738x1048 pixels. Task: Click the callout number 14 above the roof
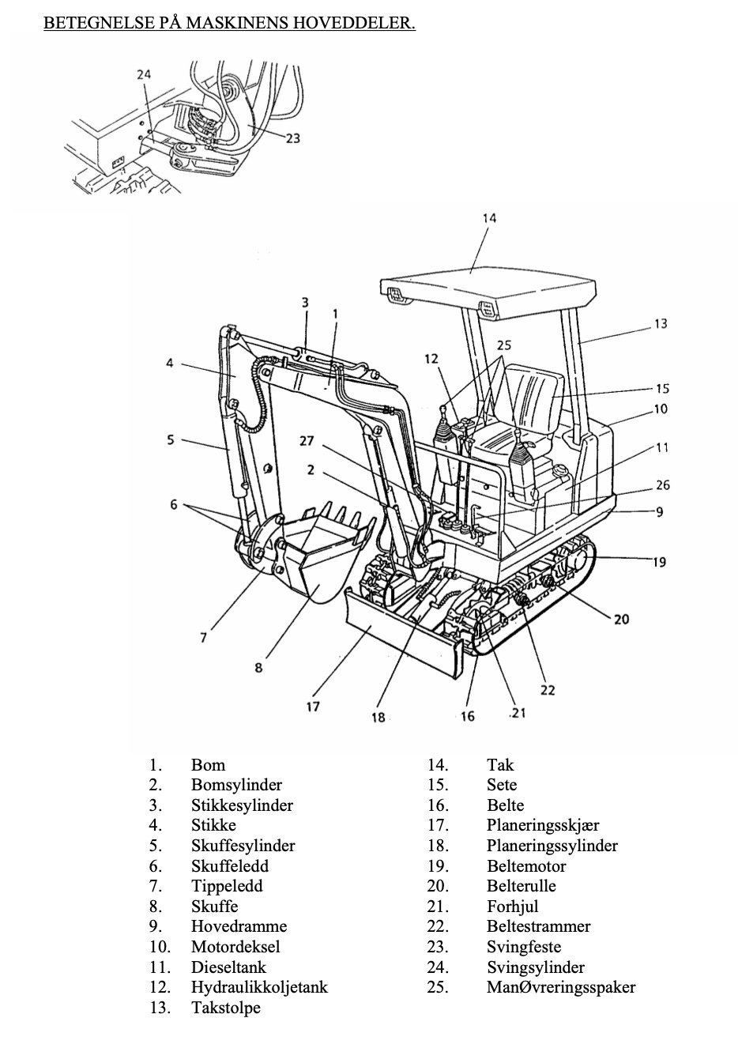(489, 218)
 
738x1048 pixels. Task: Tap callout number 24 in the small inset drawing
(144, 74)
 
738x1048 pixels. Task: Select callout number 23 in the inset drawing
(293, 138)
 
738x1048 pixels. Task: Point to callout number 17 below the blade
(312, 706)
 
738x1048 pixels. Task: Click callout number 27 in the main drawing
(307, 441)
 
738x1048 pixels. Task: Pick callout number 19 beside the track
(659, 561)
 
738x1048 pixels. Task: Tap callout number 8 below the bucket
(258, 668)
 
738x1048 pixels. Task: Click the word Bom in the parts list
(208, 765)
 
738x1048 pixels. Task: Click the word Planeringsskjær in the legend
(543, 825)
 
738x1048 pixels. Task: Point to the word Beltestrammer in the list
(538, 925)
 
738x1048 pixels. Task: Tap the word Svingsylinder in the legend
(536, 967)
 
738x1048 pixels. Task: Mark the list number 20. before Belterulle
(439, 886)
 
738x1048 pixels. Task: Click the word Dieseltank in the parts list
(228, 967)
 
